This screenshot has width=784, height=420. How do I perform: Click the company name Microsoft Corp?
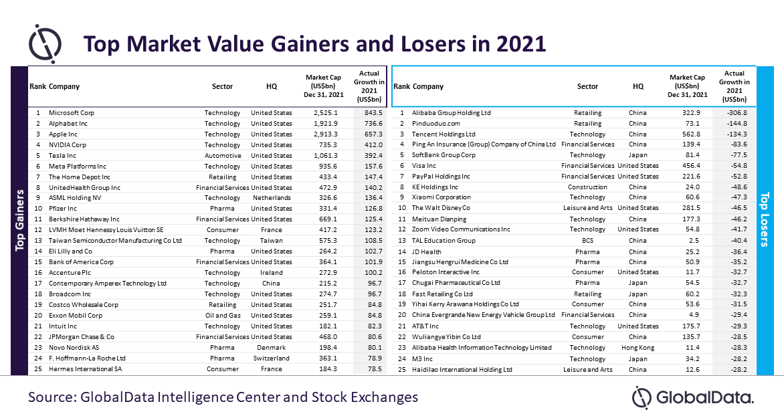point(72,113)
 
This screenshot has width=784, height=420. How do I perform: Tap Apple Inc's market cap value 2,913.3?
point(325,134)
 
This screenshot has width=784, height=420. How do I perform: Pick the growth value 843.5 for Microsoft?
point(373,113)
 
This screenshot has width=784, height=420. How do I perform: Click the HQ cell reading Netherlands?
point(272,198)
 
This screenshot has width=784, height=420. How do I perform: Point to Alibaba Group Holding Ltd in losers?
point(451,113)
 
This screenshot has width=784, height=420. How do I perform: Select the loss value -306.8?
point(737,113)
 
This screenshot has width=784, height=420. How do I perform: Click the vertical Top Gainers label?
point(19,220)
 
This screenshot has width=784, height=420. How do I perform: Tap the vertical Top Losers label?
point(765,220)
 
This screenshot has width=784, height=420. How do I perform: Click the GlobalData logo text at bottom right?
point(704,397)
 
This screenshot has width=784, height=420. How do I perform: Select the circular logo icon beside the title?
point(45,43)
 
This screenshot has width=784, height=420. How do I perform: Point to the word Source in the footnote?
point(52,397)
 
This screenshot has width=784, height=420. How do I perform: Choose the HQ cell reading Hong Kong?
point(638,348)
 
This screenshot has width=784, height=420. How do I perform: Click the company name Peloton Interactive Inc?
point(446,272)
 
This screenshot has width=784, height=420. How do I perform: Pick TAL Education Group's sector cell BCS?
point(587,241)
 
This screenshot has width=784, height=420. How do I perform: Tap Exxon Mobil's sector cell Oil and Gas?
point(223,316)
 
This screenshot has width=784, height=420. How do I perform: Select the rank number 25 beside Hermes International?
point(38,369)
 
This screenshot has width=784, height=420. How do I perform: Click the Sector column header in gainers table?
point(223,86)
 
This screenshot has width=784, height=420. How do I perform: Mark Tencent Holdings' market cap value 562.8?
point(691,134)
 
